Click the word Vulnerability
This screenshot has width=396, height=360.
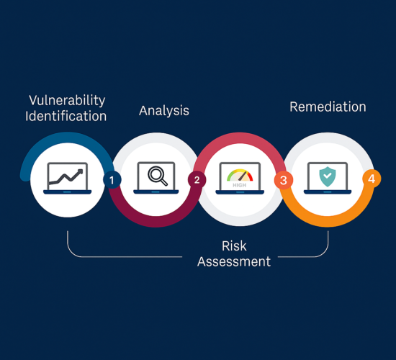67,101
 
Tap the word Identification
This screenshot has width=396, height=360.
66,116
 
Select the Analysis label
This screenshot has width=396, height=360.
164,111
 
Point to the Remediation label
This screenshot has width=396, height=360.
328,107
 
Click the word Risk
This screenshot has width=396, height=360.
234,246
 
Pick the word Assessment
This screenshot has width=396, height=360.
234,261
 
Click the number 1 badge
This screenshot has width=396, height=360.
112,180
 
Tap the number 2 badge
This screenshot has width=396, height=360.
197,180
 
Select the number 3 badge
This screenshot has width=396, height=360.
284,180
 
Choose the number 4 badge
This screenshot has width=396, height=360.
372,179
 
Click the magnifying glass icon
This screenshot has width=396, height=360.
158,176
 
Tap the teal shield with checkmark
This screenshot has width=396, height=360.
328,176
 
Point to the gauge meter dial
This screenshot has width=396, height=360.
240,176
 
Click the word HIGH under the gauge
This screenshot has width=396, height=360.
240,185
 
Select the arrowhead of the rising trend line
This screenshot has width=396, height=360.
80,172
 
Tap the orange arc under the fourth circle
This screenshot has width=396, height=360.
328,222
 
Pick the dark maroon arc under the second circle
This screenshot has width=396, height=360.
156,222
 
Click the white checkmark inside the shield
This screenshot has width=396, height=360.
328,175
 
